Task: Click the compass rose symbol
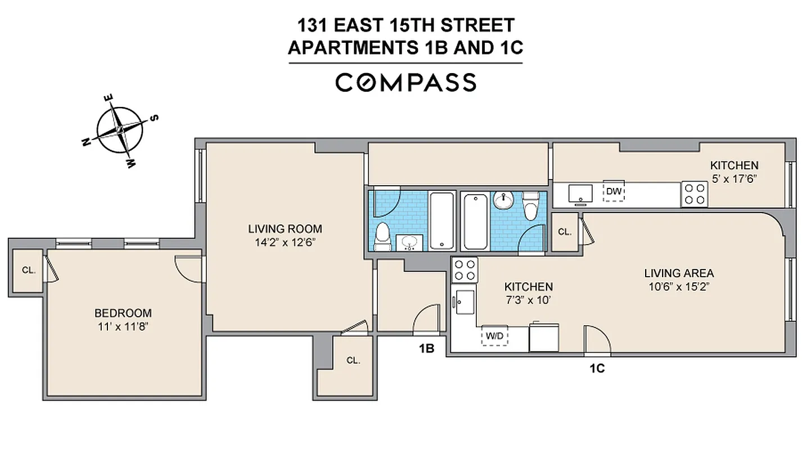point(119,130)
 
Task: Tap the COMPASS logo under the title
point(405,82)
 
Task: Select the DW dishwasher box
point(614,191)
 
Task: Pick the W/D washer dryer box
point(494,336)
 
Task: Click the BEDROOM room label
point(123,313)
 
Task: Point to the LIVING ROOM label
point(285,229)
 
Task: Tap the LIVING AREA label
point(679,273)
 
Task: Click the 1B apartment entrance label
point(426,348)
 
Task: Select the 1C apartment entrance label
point(597,368)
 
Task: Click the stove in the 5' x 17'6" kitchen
point(695,193)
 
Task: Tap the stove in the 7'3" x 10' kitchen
point(465,269)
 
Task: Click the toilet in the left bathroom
point(382,236)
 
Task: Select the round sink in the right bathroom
point(504,200)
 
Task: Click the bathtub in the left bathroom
point(442,220)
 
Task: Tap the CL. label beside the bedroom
point(29,270)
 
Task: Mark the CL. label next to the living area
point(564,231)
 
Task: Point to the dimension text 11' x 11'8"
point(123,326)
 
